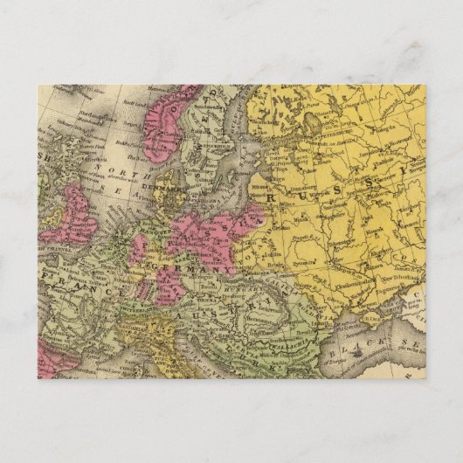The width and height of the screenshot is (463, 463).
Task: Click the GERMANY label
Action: (200, 270)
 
